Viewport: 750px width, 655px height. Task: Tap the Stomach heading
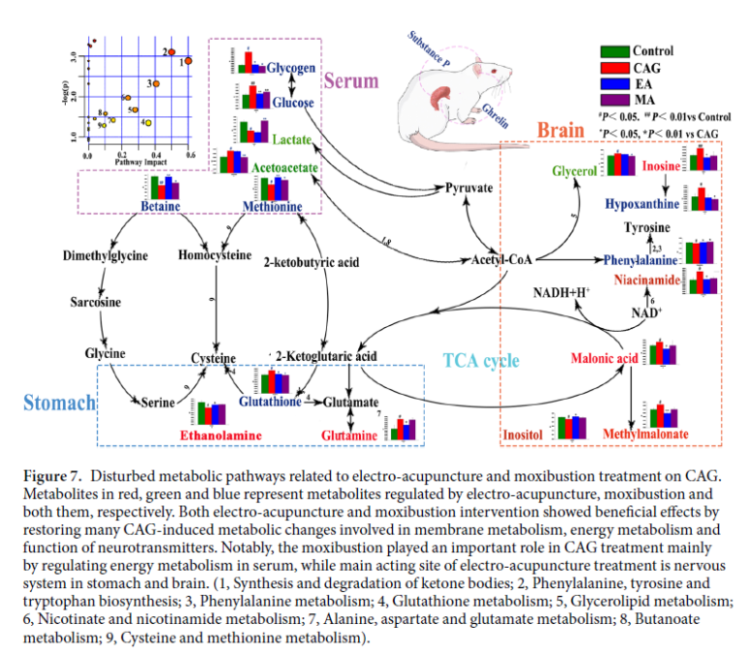click(58, 402)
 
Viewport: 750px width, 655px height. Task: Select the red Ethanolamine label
click(221, 436)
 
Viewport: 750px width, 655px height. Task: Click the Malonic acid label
click(603, 359)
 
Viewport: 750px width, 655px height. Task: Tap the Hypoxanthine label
click(640, 205)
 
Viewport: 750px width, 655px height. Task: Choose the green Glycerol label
click(573, 171)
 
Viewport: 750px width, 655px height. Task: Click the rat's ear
click(444, 96)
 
